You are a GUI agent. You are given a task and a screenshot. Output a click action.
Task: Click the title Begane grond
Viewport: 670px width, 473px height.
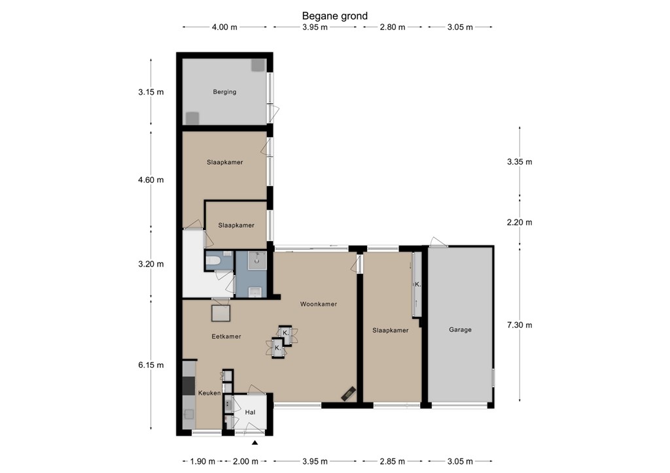[x=334, y=16]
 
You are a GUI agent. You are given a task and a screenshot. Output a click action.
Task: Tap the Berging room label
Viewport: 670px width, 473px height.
[x=225, y=91]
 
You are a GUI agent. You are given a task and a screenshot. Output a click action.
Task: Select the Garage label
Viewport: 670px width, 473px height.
[x=460, y=330]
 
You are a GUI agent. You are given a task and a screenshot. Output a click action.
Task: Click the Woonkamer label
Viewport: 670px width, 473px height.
[x=319, y=304]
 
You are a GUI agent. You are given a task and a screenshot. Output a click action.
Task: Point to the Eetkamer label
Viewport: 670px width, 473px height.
[x=226, y=336]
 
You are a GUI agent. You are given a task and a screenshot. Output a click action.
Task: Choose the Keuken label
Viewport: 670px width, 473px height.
[x=209, y=393]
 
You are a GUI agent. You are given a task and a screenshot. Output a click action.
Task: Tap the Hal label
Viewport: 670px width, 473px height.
[x=250, y=412]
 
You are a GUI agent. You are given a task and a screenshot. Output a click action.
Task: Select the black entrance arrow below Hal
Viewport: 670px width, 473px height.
[x=255, y=443]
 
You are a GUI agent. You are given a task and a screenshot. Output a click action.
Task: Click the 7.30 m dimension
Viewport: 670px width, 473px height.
[x=520, y=325]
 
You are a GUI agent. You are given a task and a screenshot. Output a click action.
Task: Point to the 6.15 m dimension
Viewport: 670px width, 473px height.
[x=151, y=365]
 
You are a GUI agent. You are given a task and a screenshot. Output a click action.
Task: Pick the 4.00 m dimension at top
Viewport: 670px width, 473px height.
[x=224, y=27]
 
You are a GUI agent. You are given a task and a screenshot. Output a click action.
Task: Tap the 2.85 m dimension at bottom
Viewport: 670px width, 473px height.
[x=393, y=461]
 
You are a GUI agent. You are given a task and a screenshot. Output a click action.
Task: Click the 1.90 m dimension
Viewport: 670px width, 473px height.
[x=203, y=461]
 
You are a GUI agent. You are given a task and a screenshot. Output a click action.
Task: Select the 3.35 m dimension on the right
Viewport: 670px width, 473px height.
[x=520, y=161]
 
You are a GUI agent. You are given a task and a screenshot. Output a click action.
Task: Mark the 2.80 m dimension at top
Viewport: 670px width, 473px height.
[x=393, y=27]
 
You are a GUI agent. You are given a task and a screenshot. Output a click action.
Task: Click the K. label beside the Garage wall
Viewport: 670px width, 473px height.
[x=417, y=284]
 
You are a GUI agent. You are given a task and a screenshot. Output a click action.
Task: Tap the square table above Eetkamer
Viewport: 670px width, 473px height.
[x=221, y=313]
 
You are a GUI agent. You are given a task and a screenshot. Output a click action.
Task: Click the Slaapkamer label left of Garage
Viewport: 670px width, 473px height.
[x=390, y=331]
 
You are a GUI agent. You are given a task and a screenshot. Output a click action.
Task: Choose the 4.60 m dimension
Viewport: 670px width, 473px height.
[x=151, y=180]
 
